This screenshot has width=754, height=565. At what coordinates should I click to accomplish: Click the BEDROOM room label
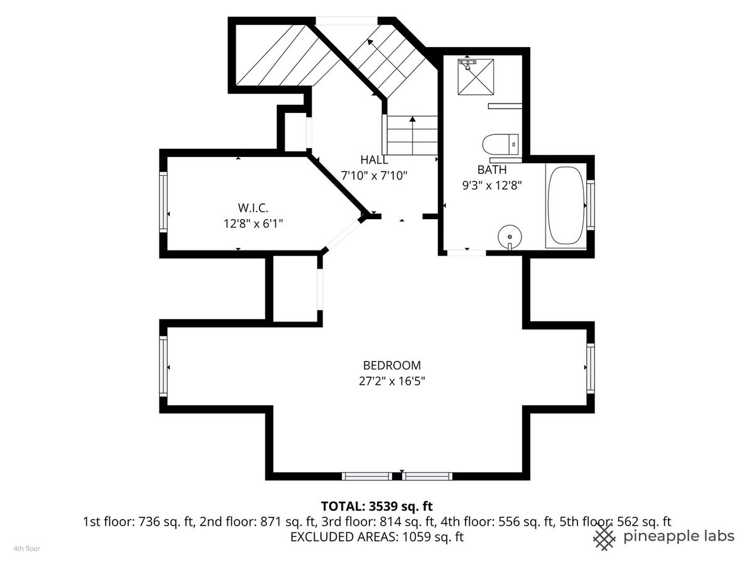coord(391,365)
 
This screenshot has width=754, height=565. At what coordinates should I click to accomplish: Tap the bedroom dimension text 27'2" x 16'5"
coord(392,381)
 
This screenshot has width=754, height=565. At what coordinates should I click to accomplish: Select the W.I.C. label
coord(253,208)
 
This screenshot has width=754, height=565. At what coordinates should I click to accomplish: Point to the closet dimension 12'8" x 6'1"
coord(253,223)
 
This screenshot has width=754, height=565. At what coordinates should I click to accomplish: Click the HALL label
coord(374,160)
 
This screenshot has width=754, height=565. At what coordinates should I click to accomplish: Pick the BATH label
coord(492,169)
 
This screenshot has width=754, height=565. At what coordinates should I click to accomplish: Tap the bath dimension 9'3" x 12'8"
coord(492,186)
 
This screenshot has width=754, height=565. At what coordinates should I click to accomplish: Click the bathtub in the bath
coord(565,206)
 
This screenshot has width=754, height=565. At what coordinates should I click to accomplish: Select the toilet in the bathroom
coord(501,144)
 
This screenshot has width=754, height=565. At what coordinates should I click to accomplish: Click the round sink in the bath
coord(510,237)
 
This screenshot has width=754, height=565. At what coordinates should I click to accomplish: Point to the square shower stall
coord(476,77)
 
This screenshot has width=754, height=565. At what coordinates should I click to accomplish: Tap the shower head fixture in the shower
coord(467,64)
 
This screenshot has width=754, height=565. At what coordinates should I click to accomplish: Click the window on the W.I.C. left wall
coord(163,202)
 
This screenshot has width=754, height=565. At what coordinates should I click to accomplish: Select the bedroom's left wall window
coord(163,366)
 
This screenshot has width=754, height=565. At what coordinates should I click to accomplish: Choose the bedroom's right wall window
coord(591,369)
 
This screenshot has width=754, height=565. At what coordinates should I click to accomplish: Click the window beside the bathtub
coord(591,205)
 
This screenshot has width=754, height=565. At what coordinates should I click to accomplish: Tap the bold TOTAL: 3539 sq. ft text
coord(377,506)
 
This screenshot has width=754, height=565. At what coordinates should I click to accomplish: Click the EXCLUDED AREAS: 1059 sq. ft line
coord(377,537)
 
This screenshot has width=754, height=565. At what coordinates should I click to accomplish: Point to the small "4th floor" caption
coord(27,549)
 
